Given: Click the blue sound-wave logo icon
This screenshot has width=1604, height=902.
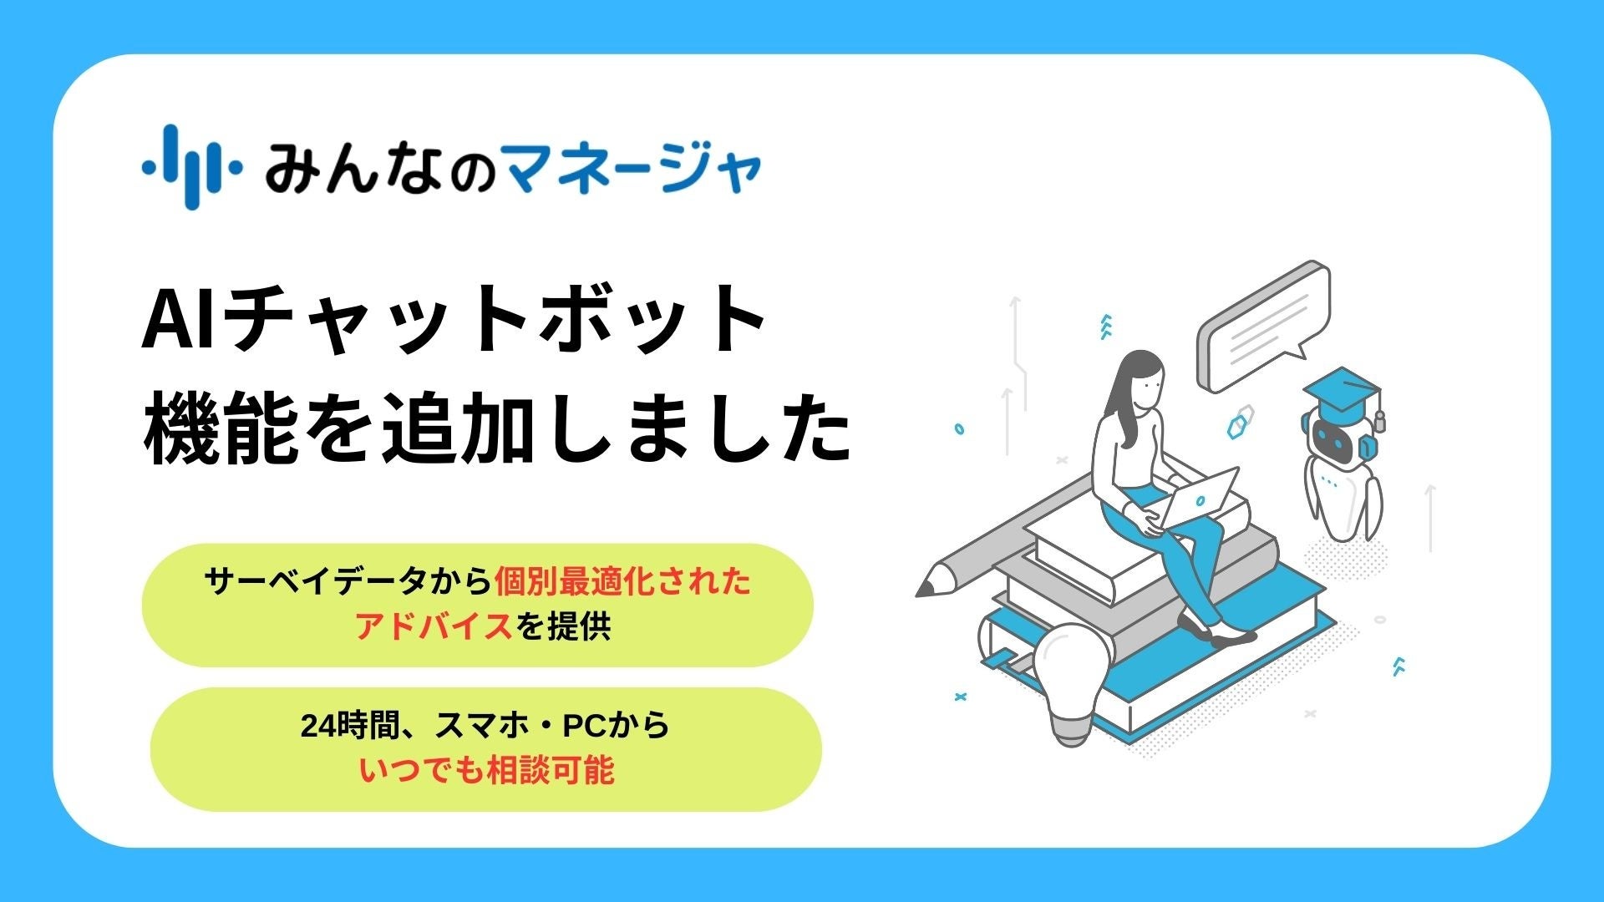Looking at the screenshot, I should pyautogui.click(x=191, y=167).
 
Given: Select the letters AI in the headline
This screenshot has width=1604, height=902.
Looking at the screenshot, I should pyautogui.click(x=180, y=322).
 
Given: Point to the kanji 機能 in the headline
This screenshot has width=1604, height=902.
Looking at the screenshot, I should pyautogui.click(x=221, y=431).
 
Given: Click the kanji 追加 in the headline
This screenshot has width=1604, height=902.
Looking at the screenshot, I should pyautogui.click(x=456, y=431).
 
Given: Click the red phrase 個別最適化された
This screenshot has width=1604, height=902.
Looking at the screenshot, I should pyautogui.click(x=622, y=581).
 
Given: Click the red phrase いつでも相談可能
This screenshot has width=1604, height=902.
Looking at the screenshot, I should pyautogui.click(x=486, y=770).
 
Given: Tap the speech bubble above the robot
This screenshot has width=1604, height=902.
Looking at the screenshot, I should pyautogui.click(x=1261, y=326).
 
